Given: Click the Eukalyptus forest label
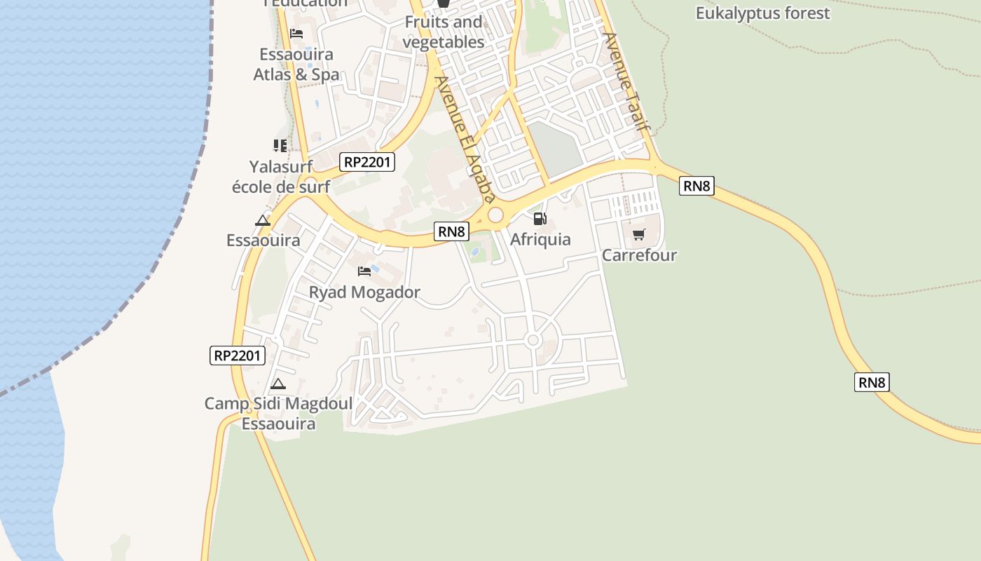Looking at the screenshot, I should (762, 13).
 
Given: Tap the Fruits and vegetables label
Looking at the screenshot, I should (444, 32).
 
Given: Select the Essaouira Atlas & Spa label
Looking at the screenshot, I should (296, 65).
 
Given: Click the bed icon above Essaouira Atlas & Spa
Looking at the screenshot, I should (296, 34).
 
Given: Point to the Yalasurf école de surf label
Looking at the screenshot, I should (280, 177).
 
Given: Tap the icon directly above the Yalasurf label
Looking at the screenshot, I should (280, 146).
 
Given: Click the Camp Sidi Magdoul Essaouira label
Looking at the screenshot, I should (279, 414).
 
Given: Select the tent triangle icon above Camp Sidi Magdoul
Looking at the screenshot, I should (278, 384).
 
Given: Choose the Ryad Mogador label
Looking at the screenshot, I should (364, 292).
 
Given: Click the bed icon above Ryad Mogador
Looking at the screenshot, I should (364, 271).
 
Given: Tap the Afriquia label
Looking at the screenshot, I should (540, 239).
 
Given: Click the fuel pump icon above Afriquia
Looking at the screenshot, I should (540, 219).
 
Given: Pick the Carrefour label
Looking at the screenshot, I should (639, 255).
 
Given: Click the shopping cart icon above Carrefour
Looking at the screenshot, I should (638, 234).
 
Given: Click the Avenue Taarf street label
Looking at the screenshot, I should (626, 82).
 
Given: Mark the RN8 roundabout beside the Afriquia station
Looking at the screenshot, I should (495, 215).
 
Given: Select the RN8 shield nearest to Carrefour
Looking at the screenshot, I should (696, 186).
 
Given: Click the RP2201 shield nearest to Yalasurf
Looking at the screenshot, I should (368, 163).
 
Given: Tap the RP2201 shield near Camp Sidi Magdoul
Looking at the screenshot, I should (238, 356).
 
